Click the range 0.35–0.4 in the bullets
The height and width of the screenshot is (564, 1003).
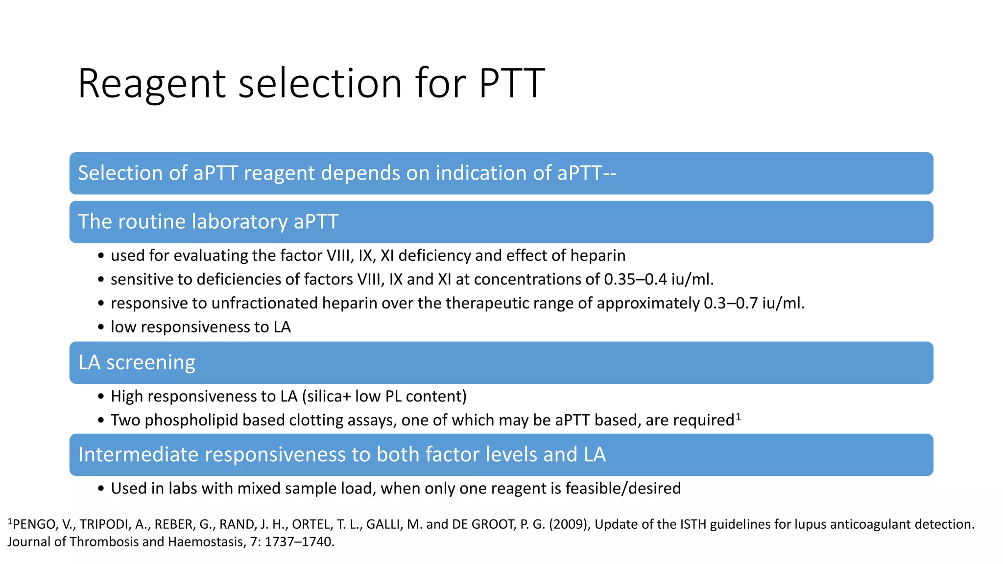coord(635,279)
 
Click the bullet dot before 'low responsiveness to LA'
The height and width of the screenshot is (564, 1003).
coord(101,327)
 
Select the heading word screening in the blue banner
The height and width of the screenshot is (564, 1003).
coord(151,363)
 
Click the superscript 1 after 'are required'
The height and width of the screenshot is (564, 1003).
coord(739,417)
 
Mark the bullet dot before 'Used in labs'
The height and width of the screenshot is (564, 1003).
coord(101,489)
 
